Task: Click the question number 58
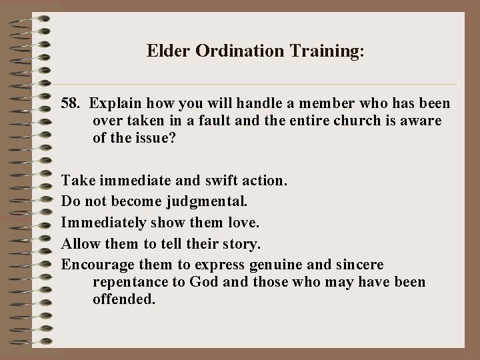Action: pyautogui.click(x=71, y=104)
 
